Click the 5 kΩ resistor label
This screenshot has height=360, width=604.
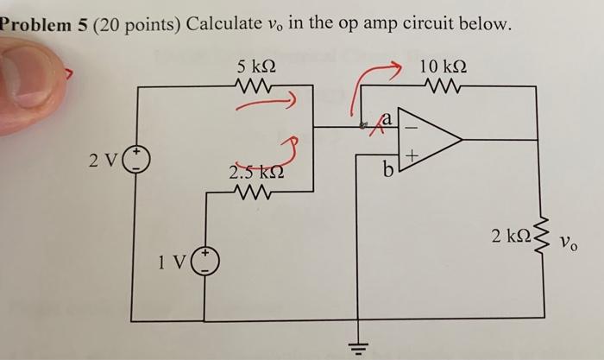[256, 66]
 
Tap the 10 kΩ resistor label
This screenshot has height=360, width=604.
[443, 66]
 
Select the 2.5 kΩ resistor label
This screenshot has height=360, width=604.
[255, 173]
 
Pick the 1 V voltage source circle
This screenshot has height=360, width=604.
[207, 261]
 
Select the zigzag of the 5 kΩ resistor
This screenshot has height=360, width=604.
[256, 85]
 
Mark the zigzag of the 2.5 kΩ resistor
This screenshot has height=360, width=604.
[256, 192]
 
